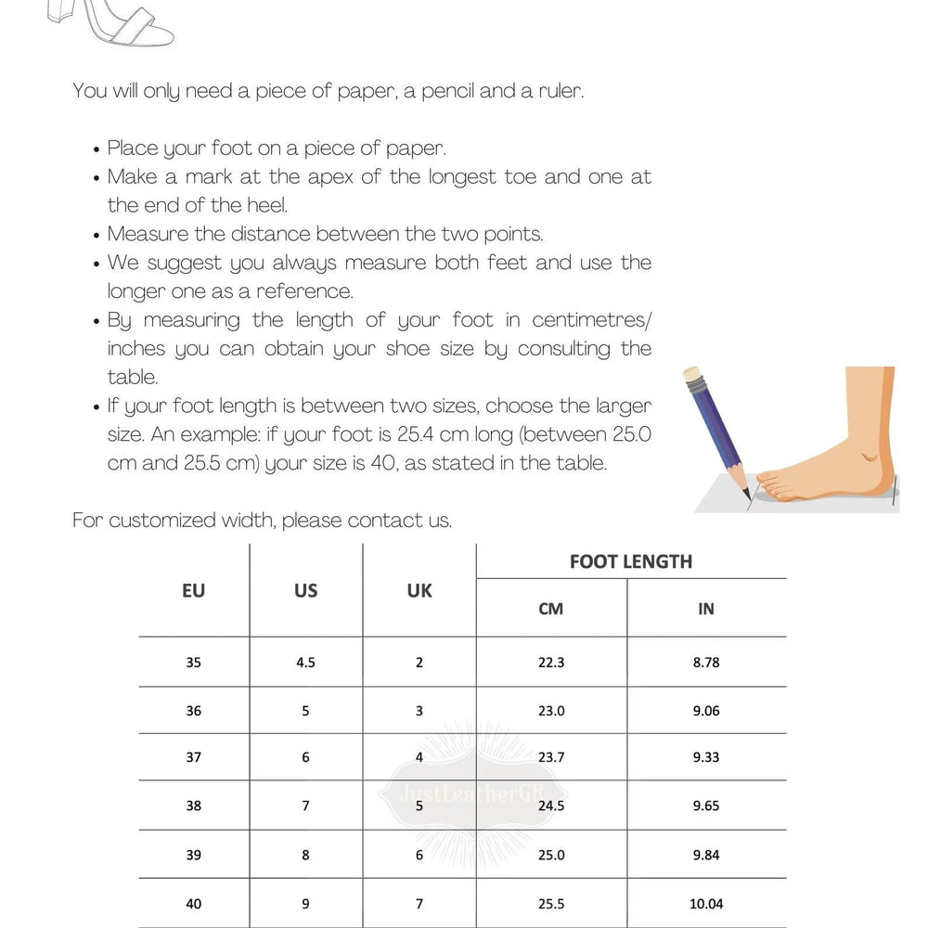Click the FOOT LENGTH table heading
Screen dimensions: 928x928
coord(631,561)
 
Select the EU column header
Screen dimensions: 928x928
coord(193,590)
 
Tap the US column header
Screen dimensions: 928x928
coord(305,590)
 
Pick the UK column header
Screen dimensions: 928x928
coord(419,590)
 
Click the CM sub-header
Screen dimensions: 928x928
coord(550,609)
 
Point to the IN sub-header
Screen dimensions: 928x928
coord(705,609)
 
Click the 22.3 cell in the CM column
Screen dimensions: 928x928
coord(550,663)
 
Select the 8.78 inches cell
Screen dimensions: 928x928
coord(705,663)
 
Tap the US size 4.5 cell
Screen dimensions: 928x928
coord(305,663)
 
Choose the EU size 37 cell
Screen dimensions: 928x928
coord(193,757)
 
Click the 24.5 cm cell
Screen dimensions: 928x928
coord(550,806)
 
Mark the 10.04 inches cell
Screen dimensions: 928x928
coord(705,903)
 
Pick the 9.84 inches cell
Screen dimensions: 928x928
coord(705,855)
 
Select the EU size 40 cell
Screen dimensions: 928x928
coord(193,903)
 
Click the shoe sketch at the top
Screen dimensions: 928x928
coord(111,23)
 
